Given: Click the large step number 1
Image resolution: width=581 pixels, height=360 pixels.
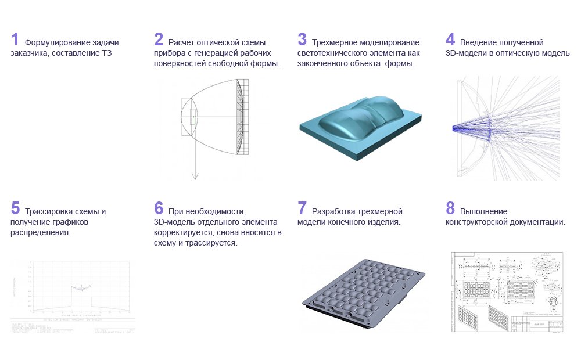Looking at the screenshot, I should (15, 40).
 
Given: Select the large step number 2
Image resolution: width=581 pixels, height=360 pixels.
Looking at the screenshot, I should (159, 40).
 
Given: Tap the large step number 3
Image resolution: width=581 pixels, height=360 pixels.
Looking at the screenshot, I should (302, 40).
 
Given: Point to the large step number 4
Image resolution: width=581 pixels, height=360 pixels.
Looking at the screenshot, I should (450, 40).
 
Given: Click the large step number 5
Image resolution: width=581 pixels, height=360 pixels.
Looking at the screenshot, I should (15, 209).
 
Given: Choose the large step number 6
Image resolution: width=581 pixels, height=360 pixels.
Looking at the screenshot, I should (159, 209).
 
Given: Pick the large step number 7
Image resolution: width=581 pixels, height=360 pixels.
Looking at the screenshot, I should (302, 209).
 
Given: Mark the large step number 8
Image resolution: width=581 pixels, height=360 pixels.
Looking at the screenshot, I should (450, 209).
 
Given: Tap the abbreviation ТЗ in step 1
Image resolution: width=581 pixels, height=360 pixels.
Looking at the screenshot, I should (106, 53).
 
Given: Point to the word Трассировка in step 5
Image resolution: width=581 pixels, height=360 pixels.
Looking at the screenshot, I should (49, 211).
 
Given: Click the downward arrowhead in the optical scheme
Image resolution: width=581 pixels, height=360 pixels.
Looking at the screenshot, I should (196, 176).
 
